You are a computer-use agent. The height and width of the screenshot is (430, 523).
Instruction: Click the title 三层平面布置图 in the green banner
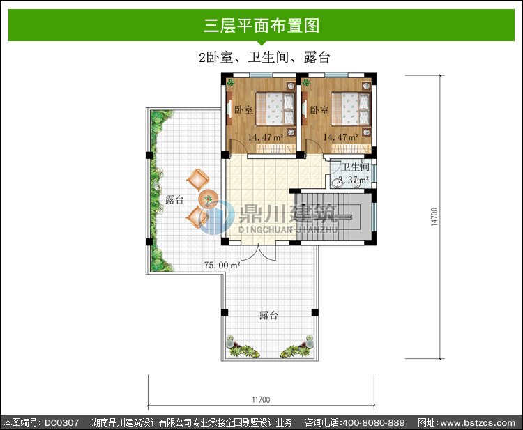coord(261,26)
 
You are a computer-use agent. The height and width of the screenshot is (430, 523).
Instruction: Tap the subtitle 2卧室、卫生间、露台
coord(264,57)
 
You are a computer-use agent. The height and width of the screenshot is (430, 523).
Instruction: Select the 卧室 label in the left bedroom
coord(244,109)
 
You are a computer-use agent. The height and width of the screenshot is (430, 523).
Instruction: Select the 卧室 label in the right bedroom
coord(319,109)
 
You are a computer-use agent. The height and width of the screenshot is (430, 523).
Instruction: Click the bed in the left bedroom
coord(275,109)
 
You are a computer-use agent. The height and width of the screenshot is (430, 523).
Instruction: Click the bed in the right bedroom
coord(350,109)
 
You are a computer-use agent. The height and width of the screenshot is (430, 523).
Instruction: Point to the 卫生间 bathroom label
coord(355,167)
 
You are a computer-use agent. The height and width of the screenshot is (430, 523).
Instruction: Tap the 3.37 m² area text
coord(354,180)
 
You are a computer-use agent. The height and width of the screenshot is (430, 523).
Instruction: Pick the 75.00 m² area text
coord(222,265)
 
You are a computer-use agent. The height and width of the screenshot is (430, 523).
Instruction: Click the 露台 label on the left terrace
coord(175,199)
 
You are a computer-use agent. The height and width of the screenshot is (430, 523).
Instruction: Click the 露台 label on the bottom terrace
coord(269,315)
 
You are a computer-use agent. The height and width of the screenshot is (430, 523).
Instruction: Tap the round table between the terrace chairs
coord(208,199)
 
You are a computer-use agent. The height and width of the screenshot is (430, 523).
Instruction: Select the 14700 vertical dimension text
coord(434,217)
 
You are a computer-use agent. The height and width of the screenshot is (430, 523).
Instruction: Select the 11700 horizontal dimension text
coord(261,399)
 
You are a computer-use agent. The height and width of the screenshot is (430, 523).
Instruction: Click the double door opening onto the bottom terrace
coord(259,252)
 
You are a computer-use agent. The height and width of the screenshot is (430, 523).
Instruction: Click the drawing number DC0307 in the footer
coord(61,422)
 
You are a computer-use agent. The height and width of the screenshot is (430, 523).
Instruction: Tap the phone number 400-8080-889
coord(374,422)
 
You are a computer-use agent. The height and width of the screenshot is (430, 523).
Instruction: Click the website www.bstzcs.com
coord(478,422)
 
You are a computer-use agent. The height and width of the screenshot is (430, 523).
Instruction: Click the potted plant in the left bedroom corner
coord(231,82)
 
